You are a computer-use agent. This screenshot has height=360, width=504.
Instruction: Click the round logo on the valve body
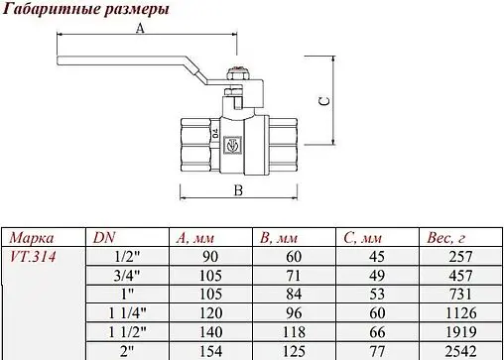[x=235, y=145]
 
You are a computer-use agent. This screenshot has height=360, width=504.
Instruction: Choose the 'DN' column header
[x=103, y=238]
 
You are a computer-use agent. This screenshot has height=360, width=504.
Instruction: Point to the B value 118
[x=297, y=331]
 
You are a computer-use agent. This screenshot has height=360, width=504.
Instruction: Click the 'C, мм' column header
[x=363, y=238]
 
